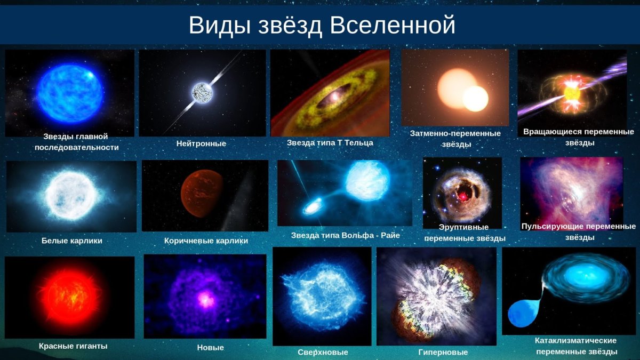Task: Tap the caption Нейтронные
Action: tap(201, 143)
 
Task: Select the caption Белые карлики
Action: tap(72, 241)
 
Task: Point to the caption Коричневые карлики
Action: tap(206, 241)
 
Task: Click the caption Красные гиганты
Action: tap(73, 346)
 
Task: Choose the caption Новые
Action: tap(210, 348)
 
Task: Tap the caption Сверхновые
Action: tap(323, 352)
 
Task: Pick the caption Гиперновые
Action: tap(443, 352)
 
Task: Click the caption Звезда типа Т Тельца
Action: tap(330, 143)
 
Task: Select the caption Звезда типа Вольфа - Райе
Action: tap(345, 235)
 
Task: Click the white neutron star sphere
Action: tap(202, 92)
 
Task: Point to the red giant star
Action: tap(69, 297)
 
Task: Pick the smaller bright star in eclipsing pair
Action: tap(475, 99)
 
